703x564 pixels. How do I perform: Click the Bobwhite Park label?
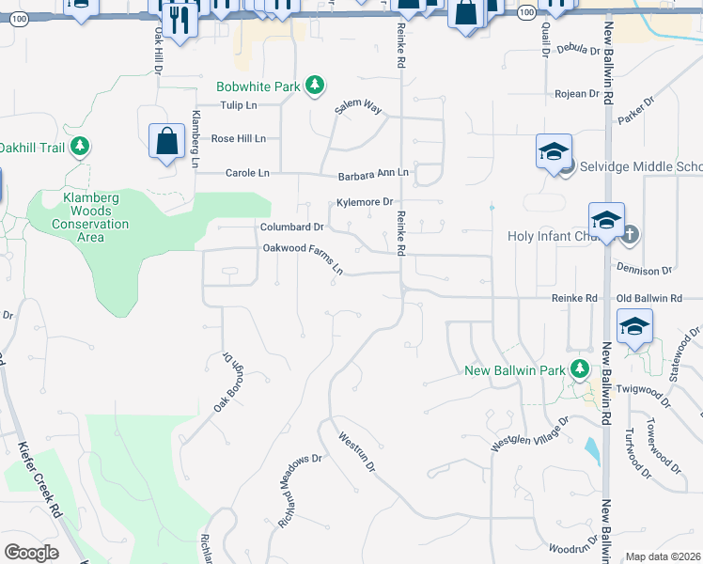[258, 86]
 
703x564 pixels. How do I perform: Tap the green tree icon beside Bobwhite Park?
[315, 86]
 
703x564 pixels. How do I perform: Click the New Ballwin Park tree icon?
[581, 369]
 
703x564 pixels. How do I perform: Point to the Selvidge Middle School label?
[638, 167]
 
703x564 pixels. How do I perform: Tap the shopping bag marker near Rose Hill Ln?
[166, 141]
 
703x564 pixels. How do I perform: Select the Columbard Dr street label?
[291, 227]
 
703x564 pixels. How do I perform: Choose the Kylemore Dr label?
[364, 202]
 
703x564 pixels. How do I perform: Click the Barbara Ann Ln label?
[373, 175]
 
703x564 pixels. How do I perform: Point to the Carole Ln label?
[247, 173]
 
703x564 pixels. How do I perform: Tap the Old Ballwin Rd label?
[648, 298]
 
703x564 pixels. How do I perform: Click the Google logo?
[31, 553]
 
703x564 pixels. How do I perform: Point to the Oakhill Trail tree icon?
[81, 146]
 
